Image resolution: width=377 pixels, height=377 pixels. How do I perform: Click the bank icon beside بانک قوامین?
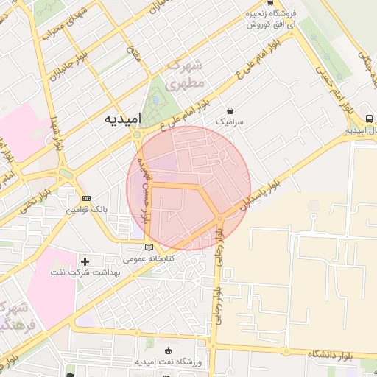[87, 199]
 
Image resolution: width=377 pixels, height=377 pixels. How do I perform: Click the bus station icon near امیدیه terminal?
[368, 118]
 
